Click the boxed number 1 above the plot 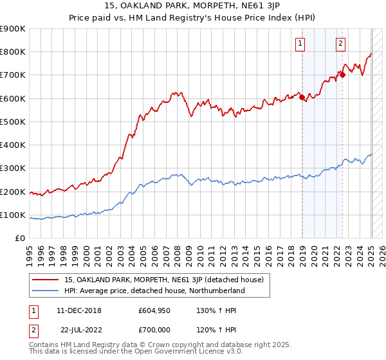tap(300, 44)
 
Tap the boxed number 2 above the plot tap(340, 44)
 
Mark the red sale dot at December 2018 tap(302, 98)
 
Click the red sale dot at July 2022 tap(343, 75)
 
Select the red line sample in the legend tap(46, 280)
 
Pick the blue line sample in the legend tap(46, 291)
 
